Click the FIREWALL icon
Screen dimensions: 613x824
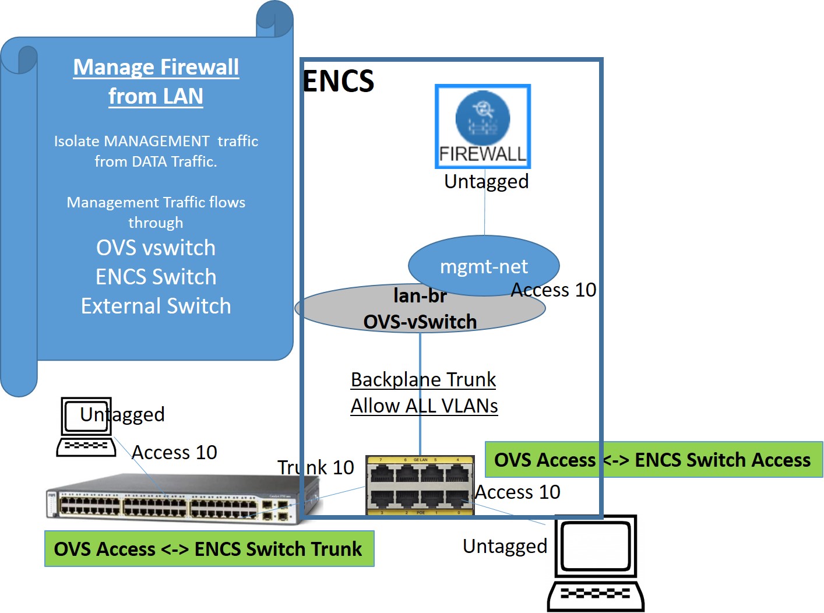click(x=483, y=126)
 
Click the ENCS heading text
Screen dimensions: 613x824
click(x=338, y=81)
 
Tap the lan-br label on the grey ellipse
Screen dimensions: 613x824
click(x=420, y=296)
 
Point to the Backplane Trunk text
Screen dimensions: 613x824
click(x=423, y=379)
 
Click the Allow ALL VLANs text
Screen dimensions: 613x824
click(x=424, y=406)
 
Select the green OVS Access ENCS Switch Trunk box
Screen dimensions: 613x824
click(x=209, y=548)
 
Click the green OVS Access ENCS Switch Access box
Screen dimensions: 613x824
click(x=653, y=460)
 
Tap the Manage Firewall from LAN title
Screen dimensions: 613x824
click(x=156, y=81)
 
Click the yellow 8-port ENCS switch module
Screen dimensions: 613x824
click(x=420, y=485)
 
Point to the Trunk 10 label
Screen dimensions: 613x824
click(x=315, y=467)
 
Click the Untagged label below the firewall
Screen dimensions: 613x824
click(x=486, y=182)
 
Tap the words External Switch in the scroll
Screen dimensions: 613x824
click(x=156, y=306)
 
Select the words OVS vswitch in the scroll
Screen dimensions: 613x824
click(x=156, y=248)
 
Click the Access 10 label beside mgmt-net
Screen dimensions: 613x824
click(x=554, y=290)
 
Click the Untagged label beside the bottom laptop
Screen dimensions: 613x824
click(x=505, y=546)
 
